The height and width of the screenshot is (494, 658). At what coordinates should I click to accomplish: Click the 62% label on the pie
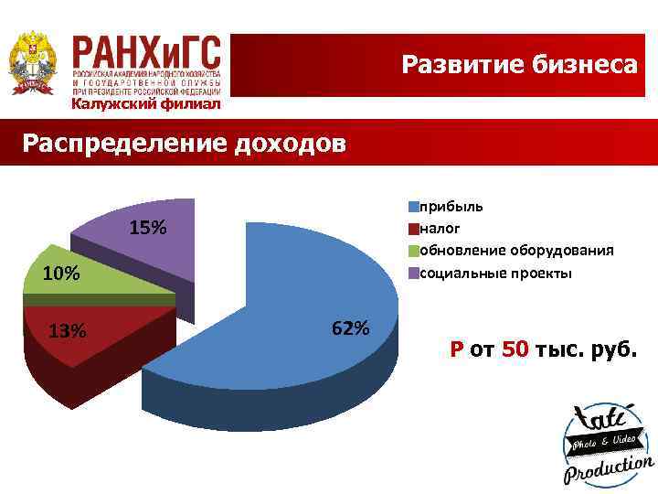351,328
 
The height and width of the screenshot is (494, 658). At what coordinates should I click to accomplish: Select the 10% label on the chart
61,274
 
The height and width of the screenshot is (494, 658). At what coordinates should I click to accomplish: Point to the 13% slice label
67,331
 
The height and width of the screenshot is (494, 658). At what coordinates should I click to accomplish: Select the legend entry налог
440,228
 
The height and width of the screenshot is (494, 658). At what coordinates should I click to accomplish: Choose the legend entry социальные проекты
494,273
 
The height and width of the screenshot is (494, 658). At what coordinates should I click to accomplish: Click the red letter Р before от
456,349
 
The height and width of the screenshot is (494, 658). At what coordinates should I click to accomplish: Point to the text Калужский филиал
146,104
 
